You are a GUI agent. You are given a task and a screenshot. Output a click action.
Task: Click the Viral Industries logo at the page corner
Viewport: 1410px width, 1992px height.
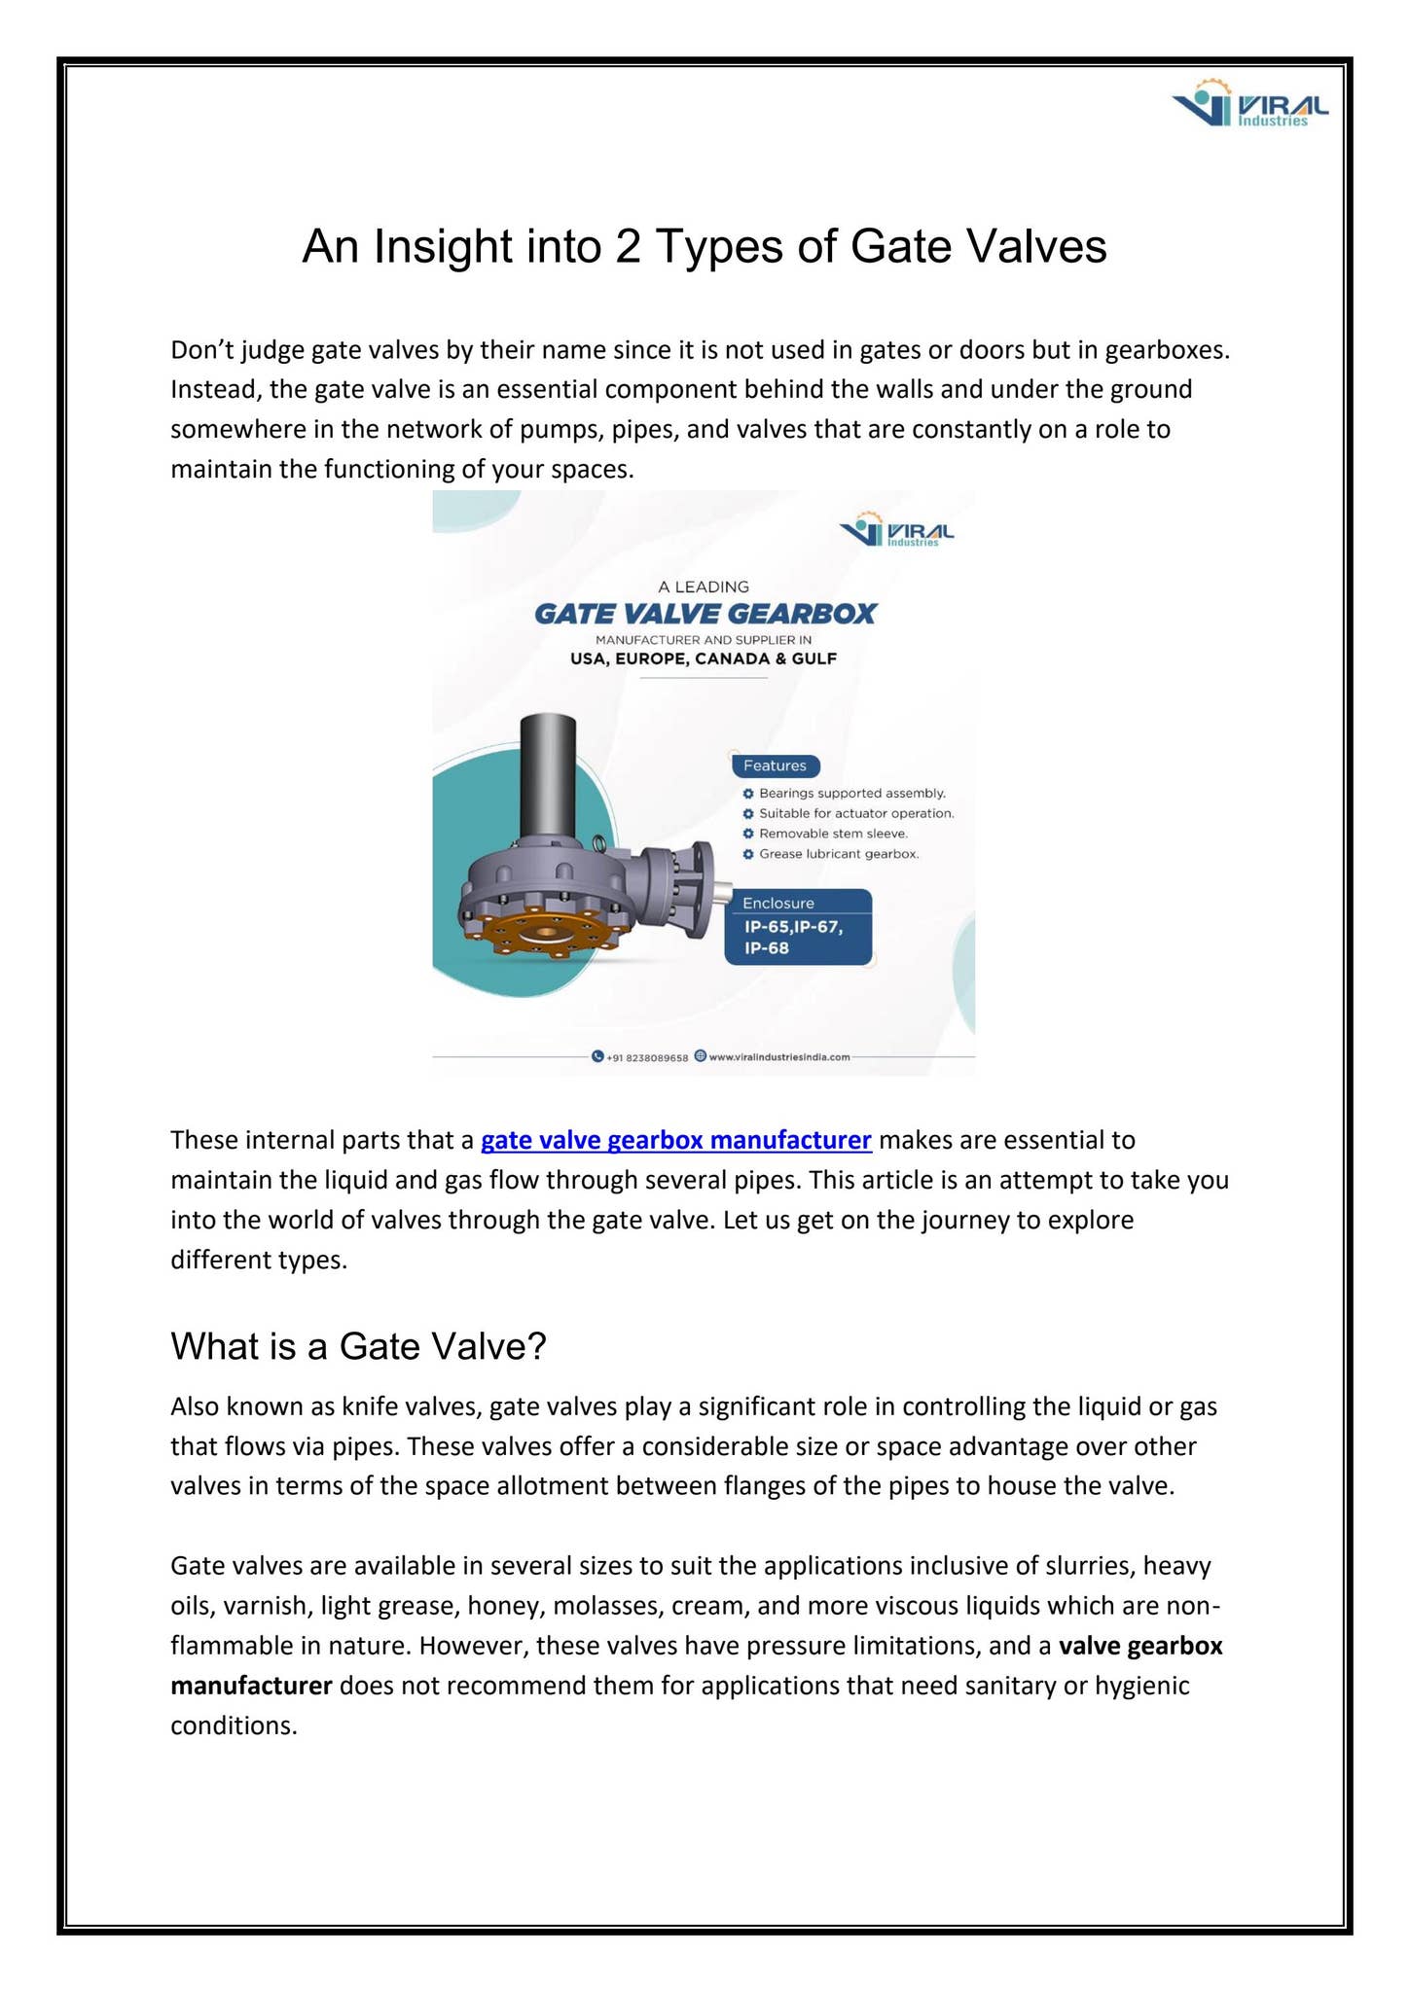[1249, 104]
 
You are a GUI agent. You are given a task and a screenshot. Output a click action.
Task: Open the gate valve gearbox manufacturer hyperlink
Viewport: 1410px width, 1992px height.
[675, 1139]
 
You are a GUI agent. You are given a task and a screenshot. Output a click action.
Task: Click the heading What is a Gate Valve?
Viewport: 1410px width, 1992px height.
[358, 1346]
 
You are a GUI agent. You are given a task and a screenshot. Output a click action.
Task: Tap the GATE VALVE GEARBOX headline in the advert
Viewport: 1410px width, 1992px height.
[705, 614]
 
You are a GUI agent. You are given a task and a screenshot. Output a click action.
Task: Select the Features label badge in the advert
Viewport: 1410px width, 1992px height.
[775, 765]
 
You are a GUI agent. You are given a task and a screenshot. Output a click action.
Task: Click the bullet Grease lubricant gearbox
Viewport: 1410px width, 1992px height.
[838, 854]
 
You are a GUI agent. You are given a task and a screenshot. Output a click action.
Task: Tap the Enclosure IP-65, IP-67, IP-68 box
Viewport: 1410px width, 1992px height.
[797, 927]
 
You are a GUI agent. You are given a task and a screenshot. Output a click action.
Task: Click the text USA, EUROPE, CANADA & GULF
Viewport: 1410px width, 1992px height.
[704, 658]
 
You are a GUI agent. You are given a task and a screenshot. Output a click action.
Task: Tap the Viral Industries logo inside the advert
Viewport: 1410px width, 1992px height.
[896, 531]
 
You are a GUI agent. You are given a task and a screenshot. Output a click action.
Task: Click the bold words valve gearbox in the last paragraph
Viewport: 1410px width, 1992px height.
[1139, 1646]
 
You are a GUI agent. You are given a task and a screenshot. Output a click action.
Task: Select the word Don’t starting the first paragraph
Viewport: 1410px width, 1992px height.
[201, 349]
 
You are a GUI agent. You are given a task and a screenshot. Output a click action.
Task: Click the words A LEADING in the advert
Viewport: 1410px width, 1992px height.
[704, 587]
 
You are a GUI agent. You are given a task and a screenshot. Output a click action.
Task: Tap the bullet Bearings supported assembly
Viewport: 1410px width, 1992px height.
[851, 794]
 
